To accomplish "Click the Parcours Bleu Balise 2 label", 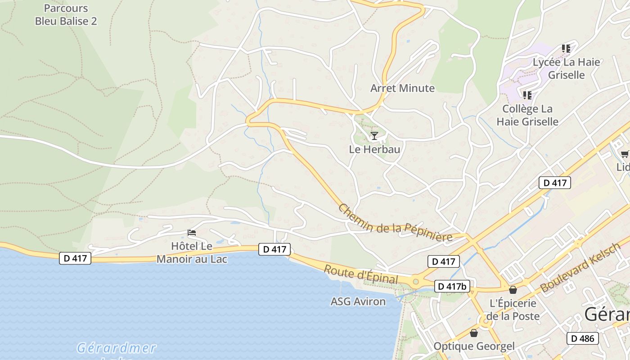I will coord(66,14).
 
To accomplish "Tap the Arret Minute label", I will coord(402,88).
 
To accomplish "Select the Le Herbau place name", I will coord(374,149).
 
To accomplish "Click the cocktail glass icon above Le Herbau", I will coord(374,135).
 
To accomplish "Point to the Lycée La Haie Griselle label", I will coord(566,68).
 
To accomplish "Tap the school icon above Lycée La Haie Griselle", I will coord(566,48).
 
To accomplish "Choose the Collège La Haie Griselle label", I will coord(527,115).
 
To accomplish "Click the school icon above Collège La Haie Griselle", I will coord(527,95).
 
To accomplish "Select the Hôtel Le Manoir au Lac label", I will coord(192,252).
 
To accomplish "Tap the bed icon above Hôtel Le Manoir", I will coord(192,233).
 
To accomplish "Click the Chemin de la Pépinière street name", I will coord(395,223).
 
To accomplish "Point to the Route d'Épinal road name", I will coord(361,274).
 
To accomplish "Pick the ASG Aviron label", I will coord(358,301).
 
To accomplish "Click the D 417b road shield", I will coord(452,286).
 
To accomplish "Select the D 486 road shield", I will coord(583,338).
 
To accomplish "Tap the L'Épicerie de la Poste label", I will coord(513,310).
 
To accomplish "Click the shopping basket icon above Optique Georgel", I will coord(473,333).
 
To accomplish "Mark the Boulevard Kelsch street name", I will coord(580,268).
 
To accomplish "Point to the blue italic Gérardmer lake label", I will coord(116,348).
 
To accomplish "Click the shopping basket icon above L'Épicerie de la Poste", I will coord(513,290).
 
